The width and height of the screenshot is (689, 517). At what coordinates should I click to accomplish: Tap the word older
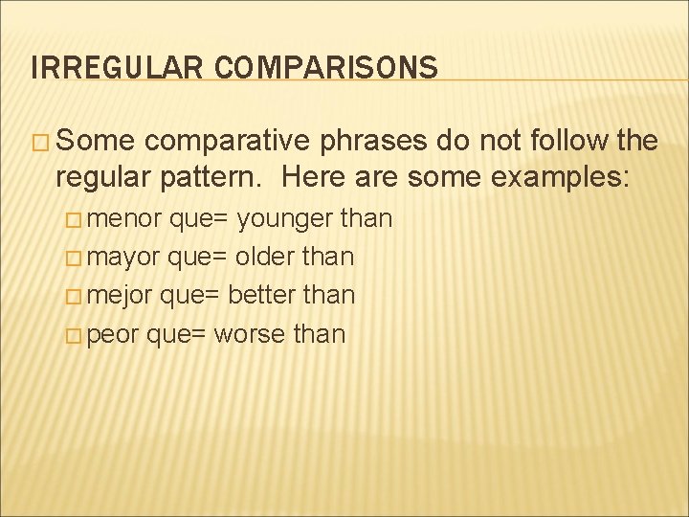pos(267,258)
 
